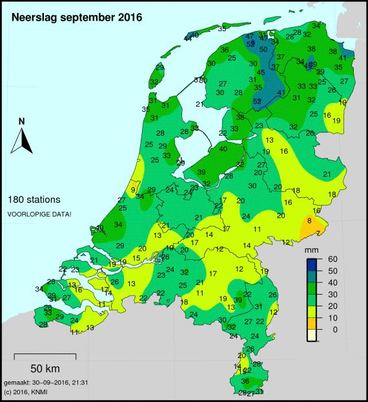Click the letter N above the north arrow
click(22, 121)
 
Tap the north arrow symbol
click(22, 140)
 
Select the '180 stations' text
click(37, 200)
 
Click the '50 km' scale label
click(45, 368)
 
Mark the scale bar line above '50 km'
click(45, 355)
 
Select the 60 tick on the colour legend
click(332, 259)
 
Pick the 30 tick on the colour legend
click(332, 295)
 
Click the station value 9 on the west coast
click(133, 189)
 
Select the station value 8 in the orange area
click(309, 221)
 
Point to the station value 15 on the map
click(136, 259)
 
